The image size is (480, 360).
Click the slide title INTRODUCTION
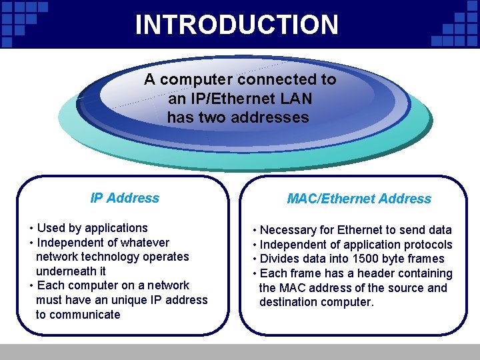click(237, 25)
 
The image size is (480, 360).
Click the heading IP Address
click(125, 198)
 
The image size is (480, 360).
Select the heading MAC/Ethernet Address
click(359, 199)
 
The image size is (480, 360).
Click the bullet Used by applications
click(92, 228)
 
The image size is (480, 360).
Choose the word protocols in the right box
click(427, 245)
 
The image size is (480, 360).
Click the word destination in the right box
click(287, 302)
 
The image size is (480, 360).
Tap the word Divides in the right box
click(279, 259)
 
